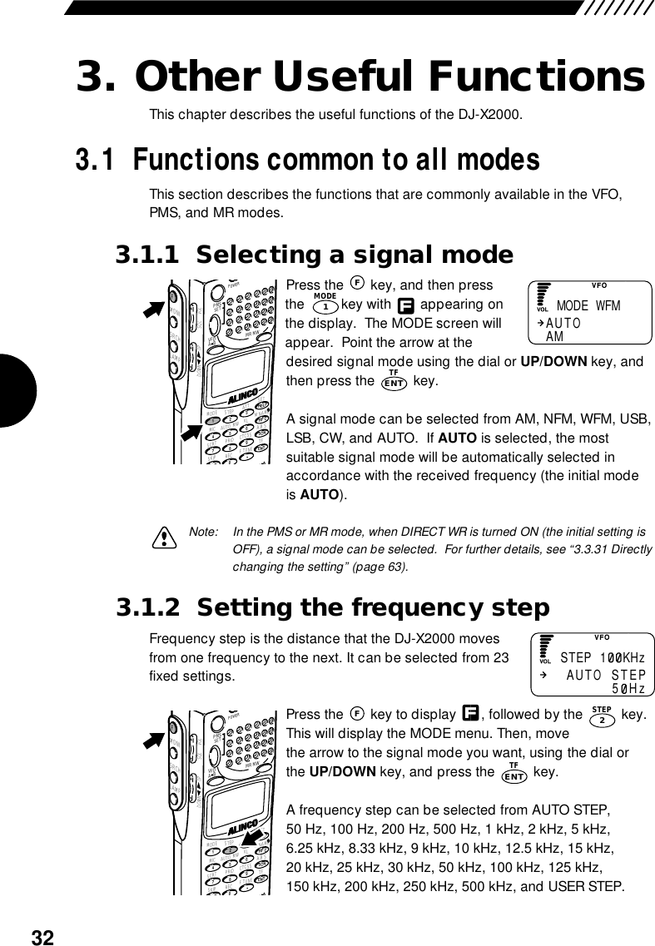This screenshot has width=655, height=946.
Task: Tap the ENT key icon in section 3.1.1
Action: tap(394, 382)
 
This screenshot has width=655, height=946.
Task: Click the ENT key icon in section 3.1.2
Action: tap(514, 775)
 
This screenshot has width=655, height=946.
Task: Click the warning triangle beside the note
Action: tap(166, 538)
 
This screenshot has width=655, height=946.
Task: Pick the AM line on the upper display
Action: tap(554, 336)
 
